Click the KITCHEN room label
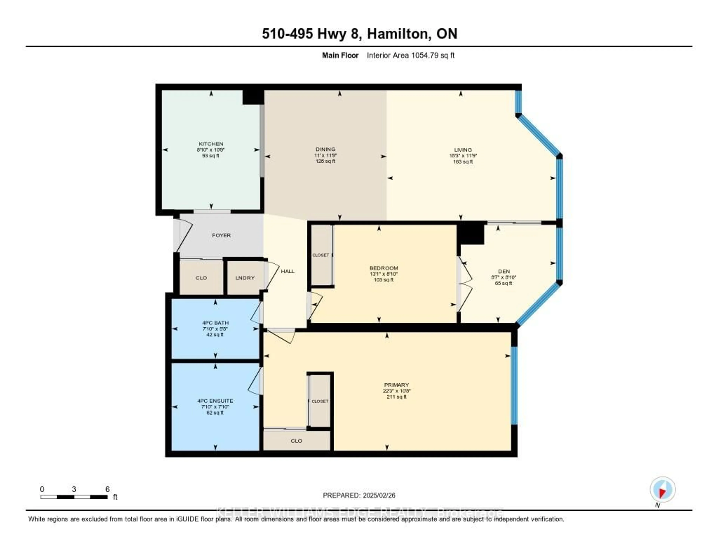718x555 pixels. click(x=211, y=144)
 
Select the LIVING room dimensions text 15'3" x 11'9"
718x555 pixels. click(x=463, y=156)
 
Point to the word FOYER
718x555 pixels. click(x=221, y=235)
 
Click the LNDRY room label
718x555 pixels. click(x=245, y=278)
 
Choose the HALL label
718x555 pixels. click(x=288, y=271)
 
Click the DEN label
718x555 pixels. click(x=504, y=271)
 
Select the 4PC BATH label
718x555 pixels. click(x=215, y=323)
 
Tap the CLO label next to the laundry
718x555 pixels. click(x=201, y=278)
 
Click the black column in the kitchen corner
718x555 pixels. click(x=253, y=97)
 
